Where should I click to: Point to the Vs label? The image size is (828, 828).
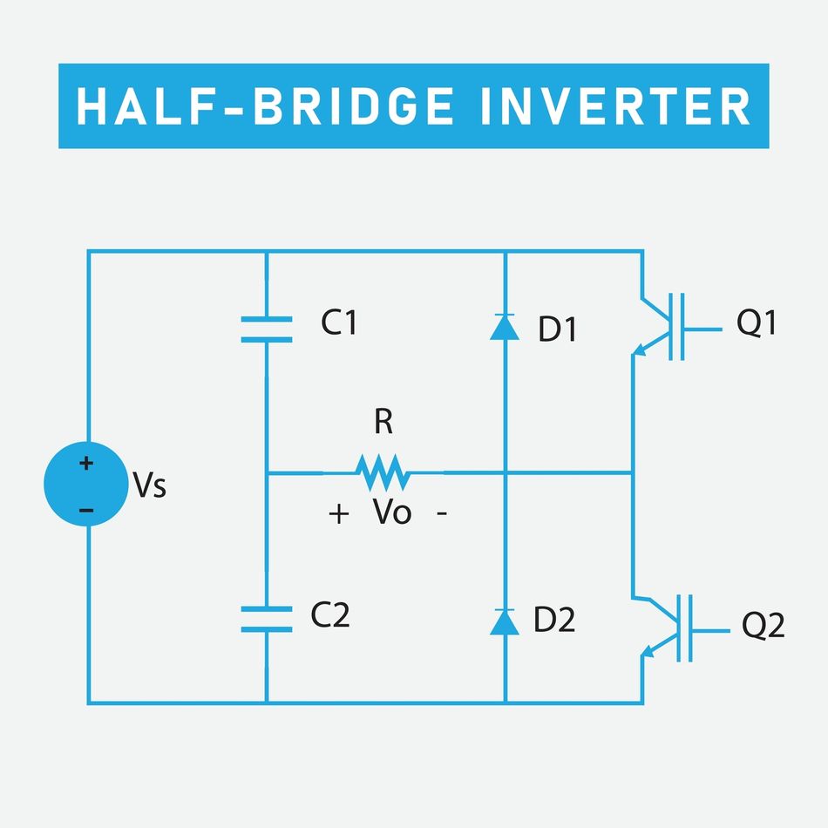[x=149, y=486]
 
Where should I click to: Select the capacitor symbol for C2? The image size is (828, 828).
[x=266, y=618]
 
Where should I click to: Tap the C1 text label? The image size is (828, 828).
[x=339, y=323]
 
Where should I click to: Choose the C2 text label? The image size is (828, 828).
[x=330, y=616]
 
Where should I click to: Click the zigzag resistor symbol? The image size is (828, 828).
[x=382, y=472]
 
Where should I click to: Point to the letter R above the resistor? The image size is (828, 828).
[x=383, y=423]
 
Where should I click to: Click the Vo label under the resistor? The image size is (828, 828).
[x=392, y=512]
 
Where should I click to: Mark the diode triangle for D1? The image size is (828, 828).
[x=505, y=327]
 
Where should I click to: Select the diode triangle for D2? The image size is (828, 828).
[x=505, y=621]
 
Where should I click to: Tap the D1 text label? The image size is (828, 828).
[x=557, y=330]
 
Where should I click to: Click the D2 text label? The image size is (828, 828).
[x=553, y=621]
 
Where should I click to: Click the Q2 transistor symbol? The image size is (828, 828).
[x=667, y=628]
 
